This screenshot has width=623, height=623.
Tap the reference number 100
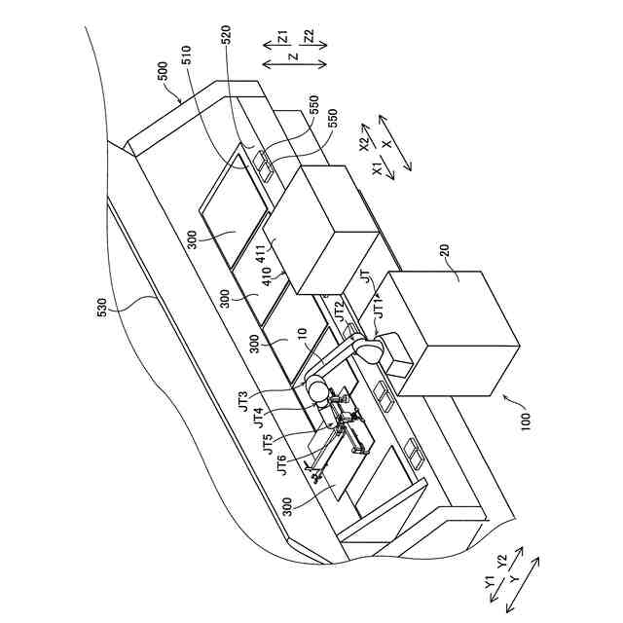(527, 422)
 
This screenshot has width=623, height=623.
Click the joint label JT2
(340, 312)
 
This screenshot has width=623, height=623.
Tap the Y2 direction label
(502, 562)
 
